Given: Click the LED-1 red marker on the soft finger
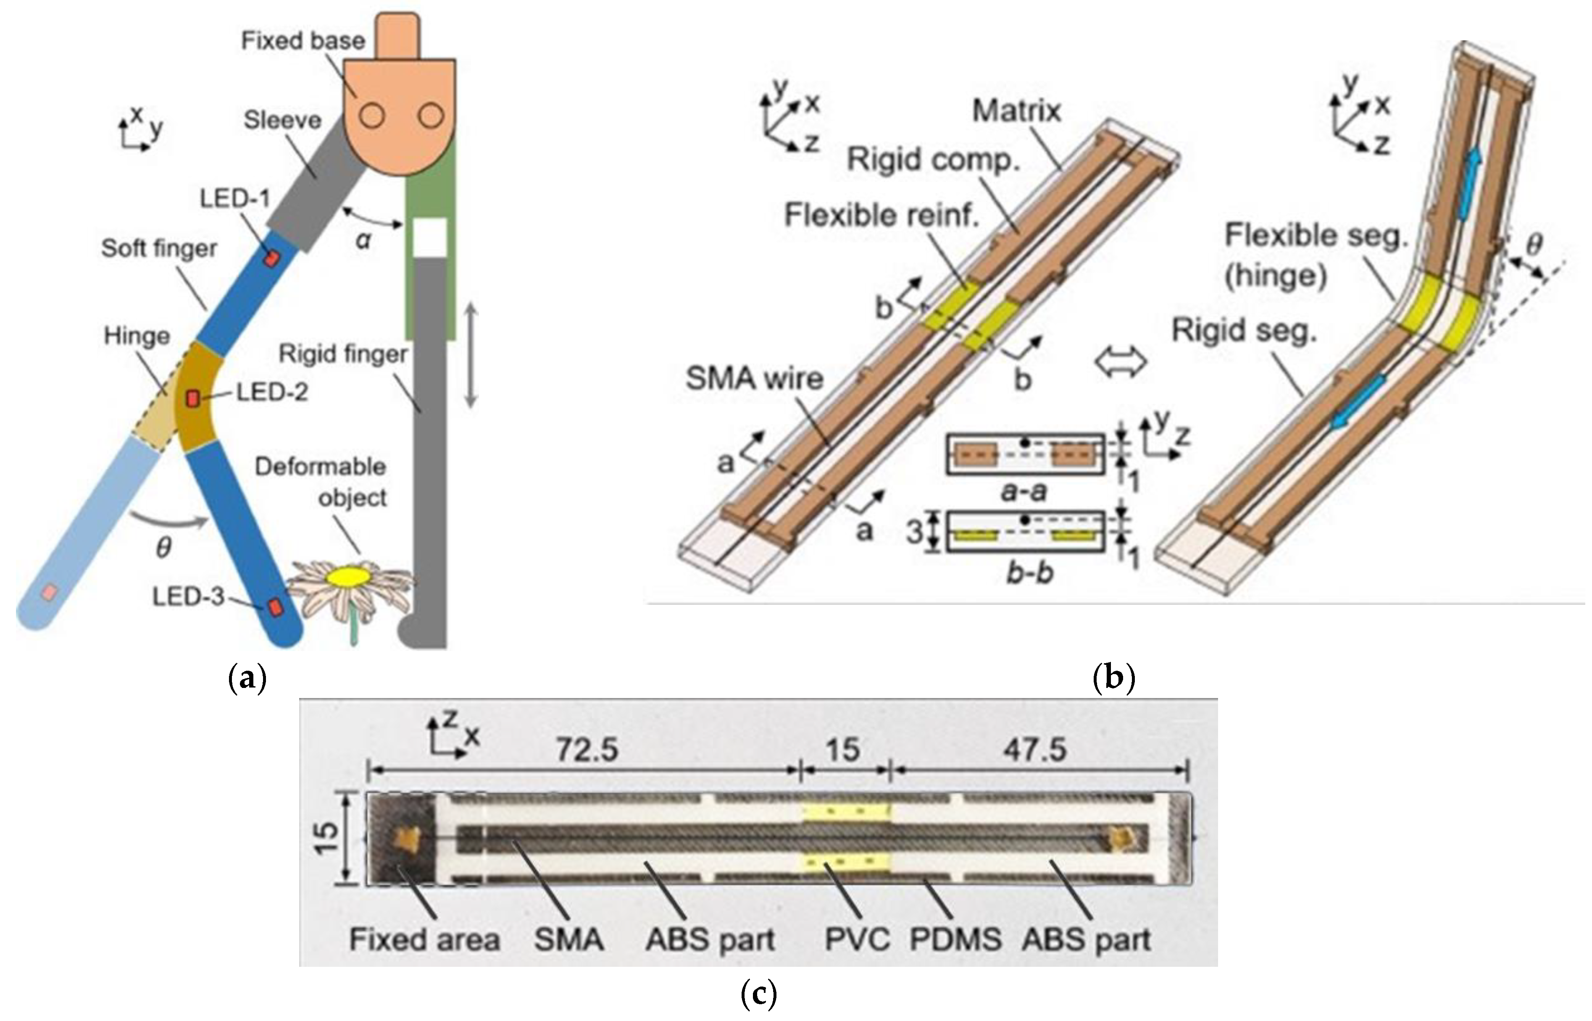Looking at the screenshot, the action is [271, 257].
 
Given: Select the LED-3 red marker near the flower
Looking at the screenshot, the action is [274, 606].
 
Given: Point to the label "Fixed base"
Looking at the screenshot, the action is [303, 41].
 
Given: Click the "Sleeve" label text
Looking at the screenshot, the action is [282, 120].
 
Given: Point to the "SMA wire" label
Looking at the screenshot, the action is [754, 378].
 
